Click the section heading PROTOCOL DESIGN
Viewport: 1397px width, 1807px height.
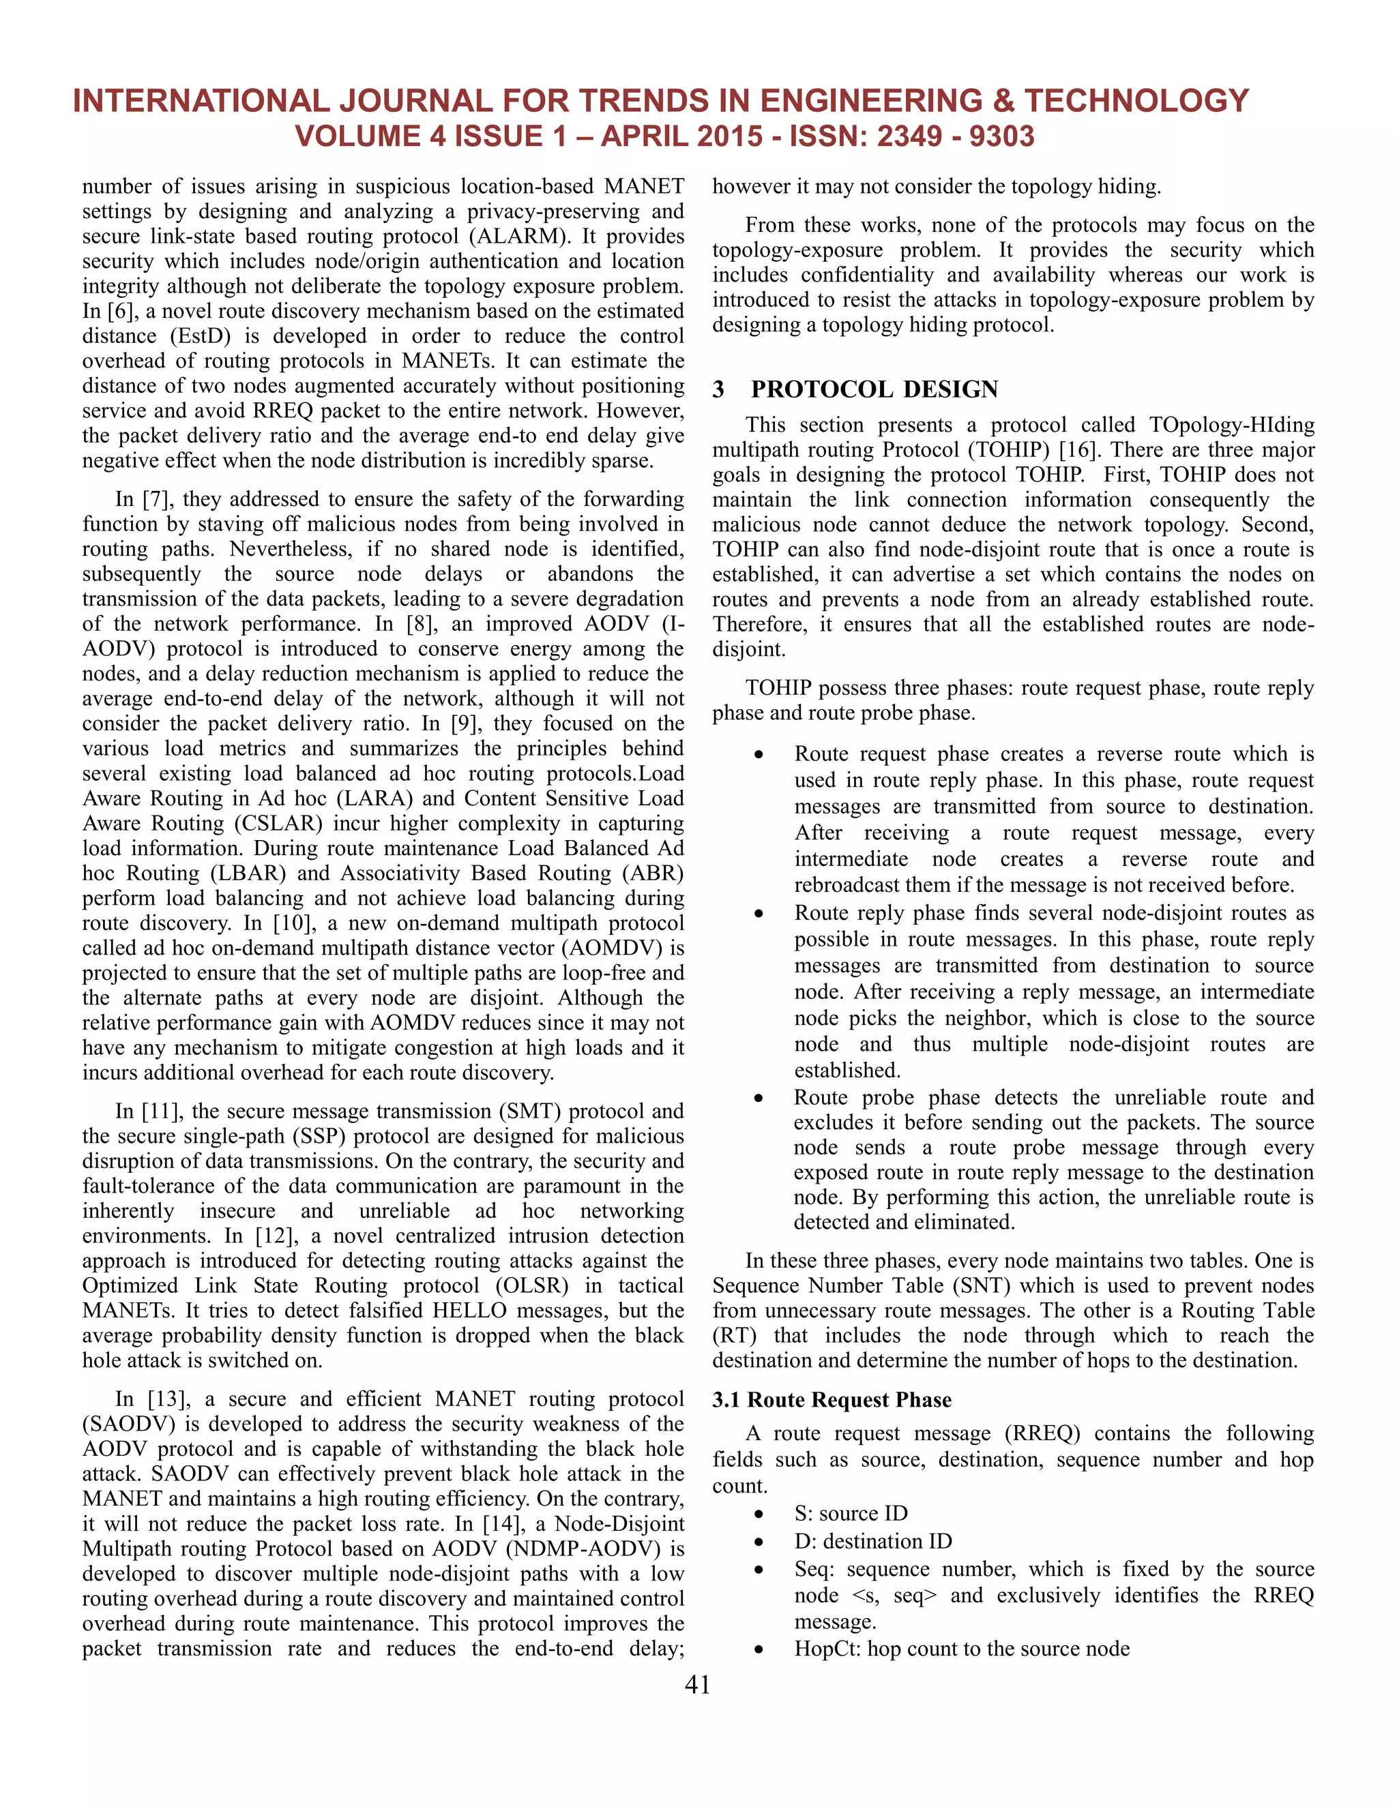coord(874,389)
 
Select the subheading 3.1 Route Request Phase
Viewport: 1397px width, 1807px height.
coord(831,1400)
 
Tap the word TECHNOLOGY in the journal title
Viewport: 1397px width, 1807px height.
coord(1136,101)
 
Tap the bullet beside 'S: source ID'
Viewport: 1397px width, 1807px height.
coord(758,1514)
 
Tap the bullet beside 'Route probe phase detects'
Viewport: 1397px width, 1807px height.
coord(758,1099)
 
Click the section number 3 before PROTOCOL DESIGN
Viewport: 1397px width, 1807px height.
coord(718,389)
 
